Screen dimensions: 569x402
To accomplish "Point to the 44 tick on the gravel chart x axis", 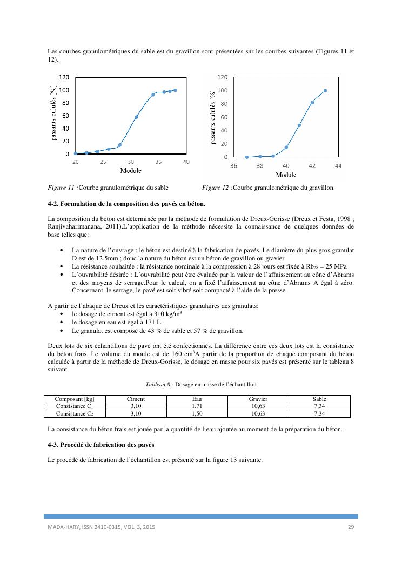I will tap(338, 166).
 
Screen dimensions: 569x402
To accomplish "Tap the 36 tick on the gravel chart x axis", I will tap(234, 166).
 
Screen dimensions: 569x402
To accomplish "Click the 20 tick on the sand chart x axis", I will tap(76, 162).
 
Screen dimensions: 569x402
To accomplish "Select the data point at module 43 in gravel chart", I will tap(325, 91).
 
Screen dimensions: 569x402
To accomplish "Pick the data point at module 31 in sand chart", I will tap(136, 117).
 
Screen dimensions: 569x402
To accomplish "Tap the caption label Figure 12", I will tap(216, 188).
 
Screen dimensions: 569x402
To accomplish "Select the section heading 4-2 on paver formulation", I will tap(126, 204).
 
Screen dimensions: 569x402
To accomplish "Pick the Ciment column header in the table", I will tap(136, 399).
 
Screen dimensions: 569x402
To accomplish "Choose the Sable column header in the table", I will tap(319, 399).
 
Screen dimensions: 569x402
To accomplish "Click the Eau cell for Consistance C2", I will tap(197, 413).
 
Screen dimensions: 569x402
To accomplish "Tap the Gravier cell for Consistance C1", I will tap(258, 406).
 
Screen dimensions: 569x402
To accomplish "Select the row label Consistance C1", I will tap(75, 406).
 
